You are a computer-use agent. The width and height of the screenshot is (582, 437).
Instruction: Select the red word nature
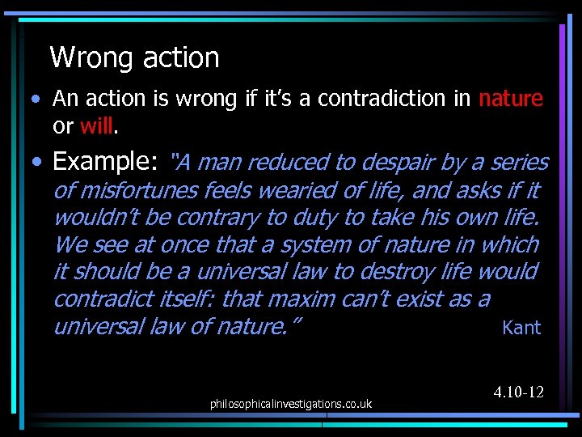tap(511, 99)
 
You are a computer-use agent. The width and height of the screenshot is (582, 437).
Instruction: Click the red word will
tap(97, 127)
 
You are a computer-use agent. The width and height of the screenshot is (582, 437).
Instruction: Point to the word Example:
tap(105, 163)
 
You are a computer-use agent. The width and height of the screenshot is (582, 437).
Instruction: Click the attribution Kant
tap(521, 328)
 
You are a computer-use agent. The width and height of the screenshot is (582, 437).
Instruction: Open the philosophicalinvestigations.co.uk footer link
tap(290, 403)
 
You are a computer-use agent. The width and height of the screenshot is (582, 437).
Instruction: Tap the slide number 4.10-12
tap(518, 392)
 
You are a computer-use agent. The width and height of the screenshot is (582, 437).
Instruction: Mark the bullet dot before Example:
tap(37, 163)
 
